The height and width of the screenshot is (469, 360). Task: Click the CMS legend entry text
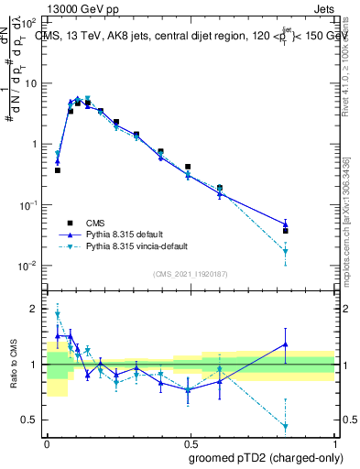(96, 222)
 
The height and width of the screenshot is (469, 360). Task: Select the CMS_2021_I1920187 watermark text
(191, 274)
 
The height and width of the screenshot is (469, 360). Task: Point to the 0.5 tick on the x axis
(191, 442)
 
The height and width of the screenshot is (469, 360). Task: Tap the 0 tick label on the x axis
(47, 442)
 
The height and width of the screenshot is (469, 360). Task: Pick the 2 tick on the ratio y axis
(36, 309)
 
